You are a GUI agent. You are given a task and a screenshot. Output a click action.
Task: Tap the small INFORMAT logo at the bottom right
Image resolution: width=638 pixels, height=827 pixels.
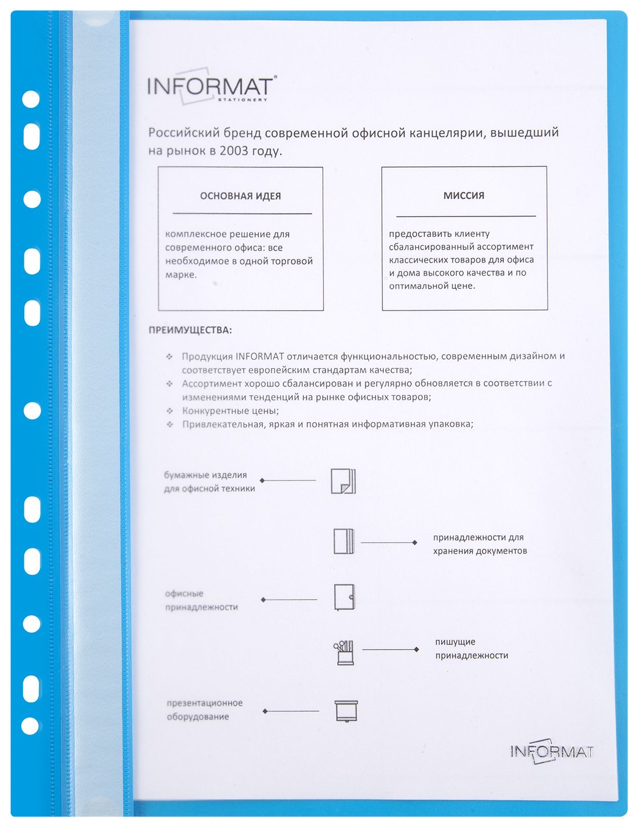click(552, 751)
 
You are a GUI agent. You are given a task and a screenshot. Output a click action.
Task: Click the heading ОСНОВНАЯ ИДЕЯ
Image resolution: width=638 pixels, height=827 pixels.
click(240, 196)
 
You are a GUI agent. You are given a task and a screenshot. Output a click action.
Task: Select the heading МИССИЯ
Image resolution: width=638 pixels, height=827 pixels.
click(464, 196)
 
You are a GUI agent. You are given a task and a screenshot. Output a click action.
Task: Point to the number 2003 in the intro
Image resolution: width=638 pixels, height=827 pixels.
click(234, 151)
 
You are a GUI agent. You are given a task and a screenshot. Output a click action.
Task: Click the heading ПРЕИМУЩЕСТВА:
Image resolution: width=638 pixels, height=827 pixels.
click(190, 330)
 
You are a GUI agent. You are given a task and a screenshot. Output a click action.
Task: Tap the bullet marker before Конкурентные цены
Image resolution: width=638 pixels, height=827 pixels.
click(169, 411)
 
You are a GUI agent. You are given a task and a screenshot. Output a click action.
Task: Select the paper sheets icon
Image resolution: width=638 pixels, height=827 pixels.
click(343, 481)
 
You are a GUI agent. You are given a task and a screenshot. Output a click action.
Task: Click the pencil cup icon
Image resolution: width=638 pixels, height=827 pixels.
click(344, 652)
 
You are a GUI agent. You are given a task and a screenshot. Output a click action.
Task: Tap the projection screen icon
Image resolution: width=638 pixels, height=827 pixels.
click(346, 711)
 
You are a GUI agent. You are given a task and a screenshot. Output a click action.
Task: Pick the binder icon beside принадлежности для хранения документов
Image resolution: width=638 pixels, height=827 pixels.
click(344, 542)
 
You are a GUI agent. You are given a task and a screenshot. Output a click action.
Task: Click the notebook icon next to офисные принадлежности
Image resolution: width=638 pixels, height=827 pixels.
click(344, 598)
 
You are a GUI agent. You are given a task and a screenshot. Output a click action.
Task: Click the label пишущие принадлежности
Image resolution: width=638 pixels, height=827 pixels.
click(471, 649)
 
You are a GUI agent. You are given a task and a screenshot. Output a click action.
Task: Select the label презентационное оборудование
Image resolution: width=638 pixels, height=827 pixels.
click(204, 710)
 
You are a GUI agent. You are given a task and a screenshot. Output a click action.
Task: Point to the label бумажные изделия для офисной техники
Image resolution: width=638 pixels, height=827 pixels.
click(209, 482)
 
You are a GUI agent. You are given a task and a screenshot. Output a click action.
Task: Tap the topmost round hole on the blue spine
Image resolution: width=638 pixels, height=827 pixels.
click(31, 99)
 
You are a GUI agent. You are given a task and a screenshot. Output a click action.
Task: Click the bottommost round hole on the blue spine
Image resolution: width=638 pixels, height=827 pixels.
click(30, 726)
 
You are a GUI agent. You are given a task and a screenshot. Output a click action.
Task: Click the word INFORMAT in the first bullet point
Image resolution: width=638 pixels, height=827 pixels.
click(259, 357)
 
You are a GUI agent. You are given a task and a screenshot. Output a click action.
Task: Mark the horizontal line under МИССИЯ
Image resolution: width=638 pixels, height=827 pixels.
click(466, 216)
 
